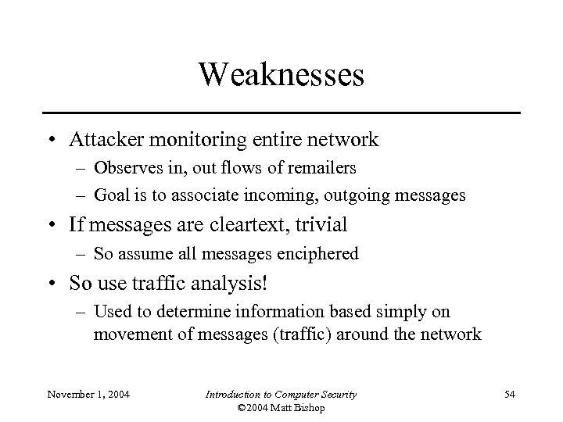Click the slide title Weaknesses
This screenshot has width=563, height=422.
pyautogui.click(x=281, y=75)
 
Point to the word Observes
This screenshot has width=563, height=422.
pyautogui.click(x=124, y=168)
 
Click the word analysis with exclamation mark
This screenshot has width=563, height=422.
pyautogui.click(x=213, y=281)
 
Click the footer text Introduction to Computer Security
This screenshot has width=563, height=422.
pyautogui.click(x=281, y=395)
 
